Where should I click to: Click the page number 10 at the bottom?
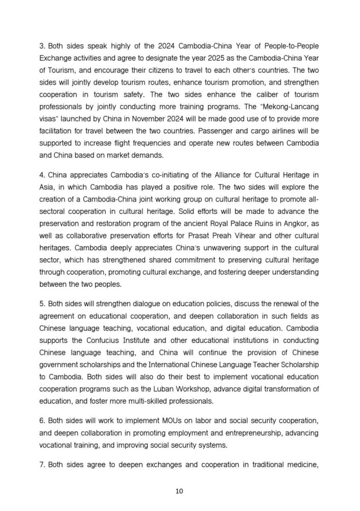[x=179, y=491]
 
